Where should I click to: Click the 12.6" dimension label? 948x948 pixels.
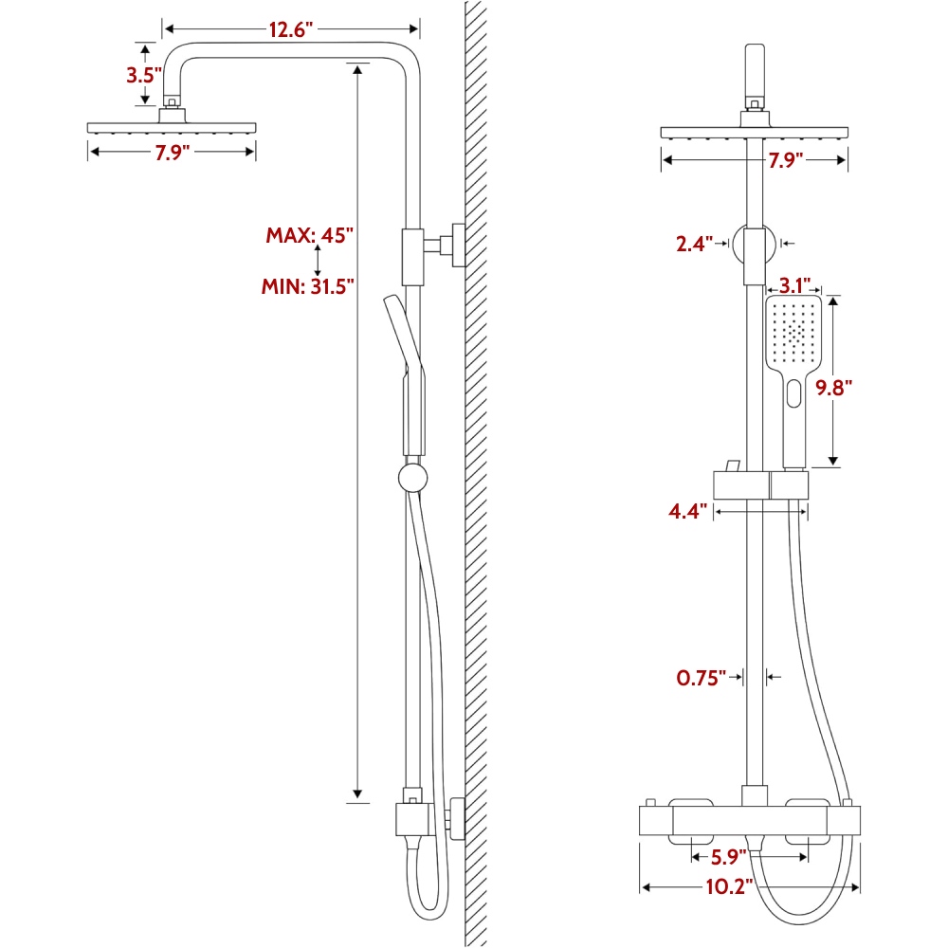(291, 29)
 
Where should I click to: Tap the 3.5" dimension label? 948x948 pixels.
(144, 76)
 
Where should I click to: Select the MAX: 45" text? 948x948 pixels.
(310, 235)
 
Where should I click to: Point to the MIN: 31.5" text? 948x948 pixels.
(308, 286)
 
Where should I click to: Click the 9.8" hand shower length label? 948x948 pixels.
(833, 388)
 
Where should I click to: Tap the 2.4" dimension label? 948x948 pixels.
(694, 245)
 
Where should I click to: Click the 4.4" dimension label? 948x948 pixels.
(687, 512)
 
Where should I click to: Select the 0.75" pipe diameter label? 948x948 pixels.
(701, 678)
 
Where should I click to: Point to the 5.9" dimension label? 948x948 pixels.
(728, 857)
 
